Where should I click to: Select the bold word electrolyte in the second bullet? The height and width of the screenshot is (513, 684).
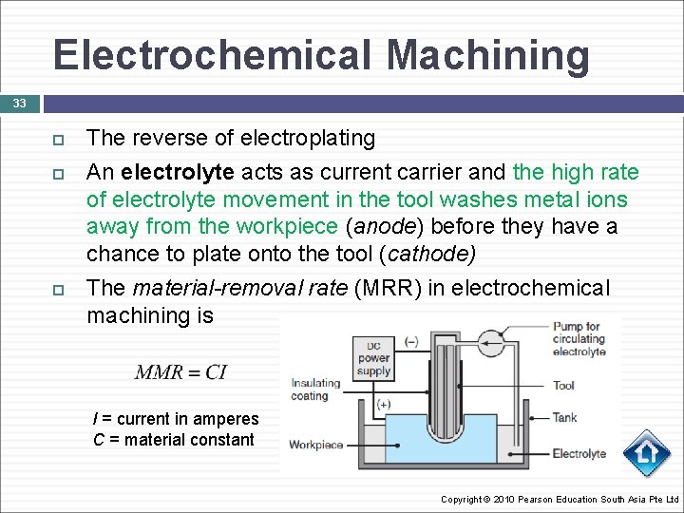[x=187, y=172]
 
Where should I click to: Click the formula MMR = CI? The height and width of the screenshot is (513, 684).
[x=180, y=371]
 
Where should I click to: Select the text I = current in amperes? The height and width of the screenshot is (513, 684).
[x=176, y=419]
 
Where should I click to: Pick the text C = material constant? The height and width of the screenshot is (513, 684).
[x=174, y=440]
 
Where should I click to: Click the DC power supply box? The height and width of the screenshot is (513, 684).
[x=373, y=359]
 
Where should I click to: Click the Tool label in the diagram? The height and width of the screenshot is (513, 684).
[x=564, y=386]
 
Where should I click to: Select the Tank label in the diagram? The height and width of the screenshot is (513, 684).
[x=565, y=417]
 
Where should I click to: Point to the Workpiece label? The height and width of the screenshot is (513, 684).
[x=315, y=445]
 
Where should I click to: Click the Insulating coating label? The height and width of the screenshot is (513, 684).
[x=315, y=389]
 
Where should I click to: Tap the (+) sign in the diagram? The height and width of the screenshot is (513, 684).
[x=385, y=403]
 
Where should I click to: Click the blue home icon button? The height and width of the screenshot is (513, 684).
[x=648, y=454]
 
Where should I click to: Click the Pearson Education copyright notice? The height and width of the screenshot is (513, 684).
[x=560, y=500]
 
